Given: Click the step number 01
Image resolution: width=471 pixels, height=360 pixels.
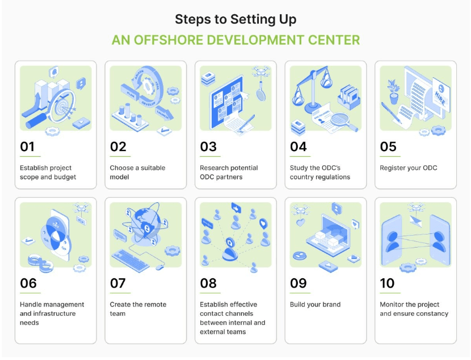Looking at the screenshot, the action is coord(27,146).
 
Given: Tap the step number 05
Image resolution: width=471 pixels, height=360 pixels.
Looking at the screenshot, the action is coord(388,146).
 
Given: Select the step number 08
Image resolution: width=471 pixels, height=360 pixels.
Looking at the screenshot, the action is coord(208,283).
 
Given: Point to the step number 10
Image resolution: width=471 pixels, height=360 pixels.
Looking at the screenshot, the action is coord(387,283).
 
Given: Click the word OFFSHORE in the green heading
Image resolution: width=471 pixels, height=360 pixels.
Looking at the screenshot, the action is coord(168,40).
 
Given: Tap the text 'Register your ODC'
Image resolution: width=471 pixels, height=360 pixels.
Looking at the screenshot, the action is coord(408,168).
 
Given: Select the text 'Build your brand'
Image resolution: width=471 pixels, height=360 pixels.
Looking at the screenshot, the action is coord(315,304).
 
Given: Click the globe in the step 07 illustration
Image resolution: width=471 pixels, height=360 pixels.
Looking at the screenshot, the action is coord(146,223).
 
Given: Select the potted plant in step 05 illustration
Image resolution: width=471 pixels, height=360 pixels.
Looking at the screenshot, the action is coord(393,91).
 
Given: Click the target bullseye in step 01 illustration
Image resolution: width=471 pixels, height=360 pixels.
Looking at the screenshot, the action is coord(62,107).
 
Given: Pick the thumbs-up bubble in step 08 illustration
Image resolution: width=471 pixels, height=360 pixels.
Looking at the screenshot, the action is coord(236,208).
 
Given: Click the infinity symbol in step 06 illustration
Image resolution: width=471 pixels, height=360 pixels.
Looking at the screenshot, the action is coord(41,263).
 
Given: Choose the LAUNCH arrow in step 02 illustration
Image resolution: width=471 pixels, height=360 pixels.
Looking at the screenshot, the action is coord(165,113).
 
